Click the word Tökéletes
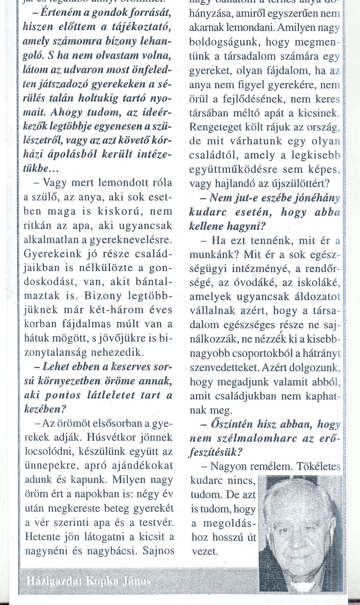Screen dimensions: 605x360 pos(318,466)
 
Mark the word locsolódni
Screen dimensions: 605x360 pos(46,452)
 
